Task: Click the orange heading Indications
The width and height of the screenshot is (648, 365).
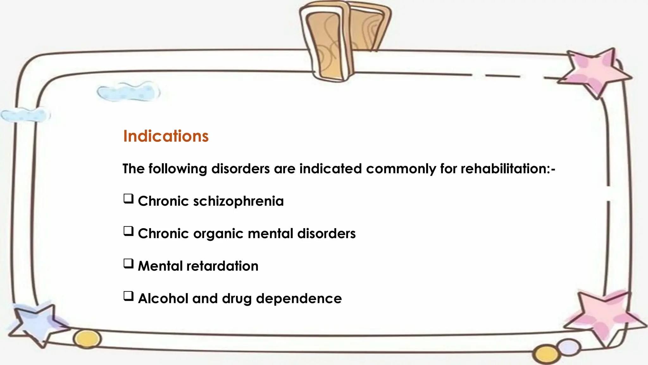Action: click(166, 136)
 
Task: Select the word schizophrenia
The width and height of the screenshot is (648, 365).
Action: click(238, 201)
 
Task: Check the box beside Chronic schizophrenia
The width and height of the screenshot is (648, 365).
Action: click(128, 199)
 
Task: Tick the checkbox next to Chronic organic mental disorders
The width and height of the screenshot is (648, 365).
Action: click(128, 231)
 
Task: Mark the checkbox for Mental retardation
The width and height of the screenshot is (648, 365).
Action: click(128, 264)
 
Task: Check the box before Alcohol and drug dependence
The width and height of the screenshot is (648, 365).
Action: click(128, 296)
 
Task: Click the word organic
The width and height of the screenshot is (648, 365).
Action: click(218, 234)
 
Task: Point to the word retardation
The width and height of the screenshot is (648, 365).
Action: click(222, 266)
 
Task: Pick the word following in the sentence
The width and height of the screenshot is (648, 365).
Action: click(178, 169)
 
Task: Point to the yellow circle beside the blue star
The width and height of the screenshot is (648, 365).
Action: click(87, 339)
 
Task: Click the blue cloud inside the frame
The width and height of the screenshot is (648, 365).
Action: click(128, 92)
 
